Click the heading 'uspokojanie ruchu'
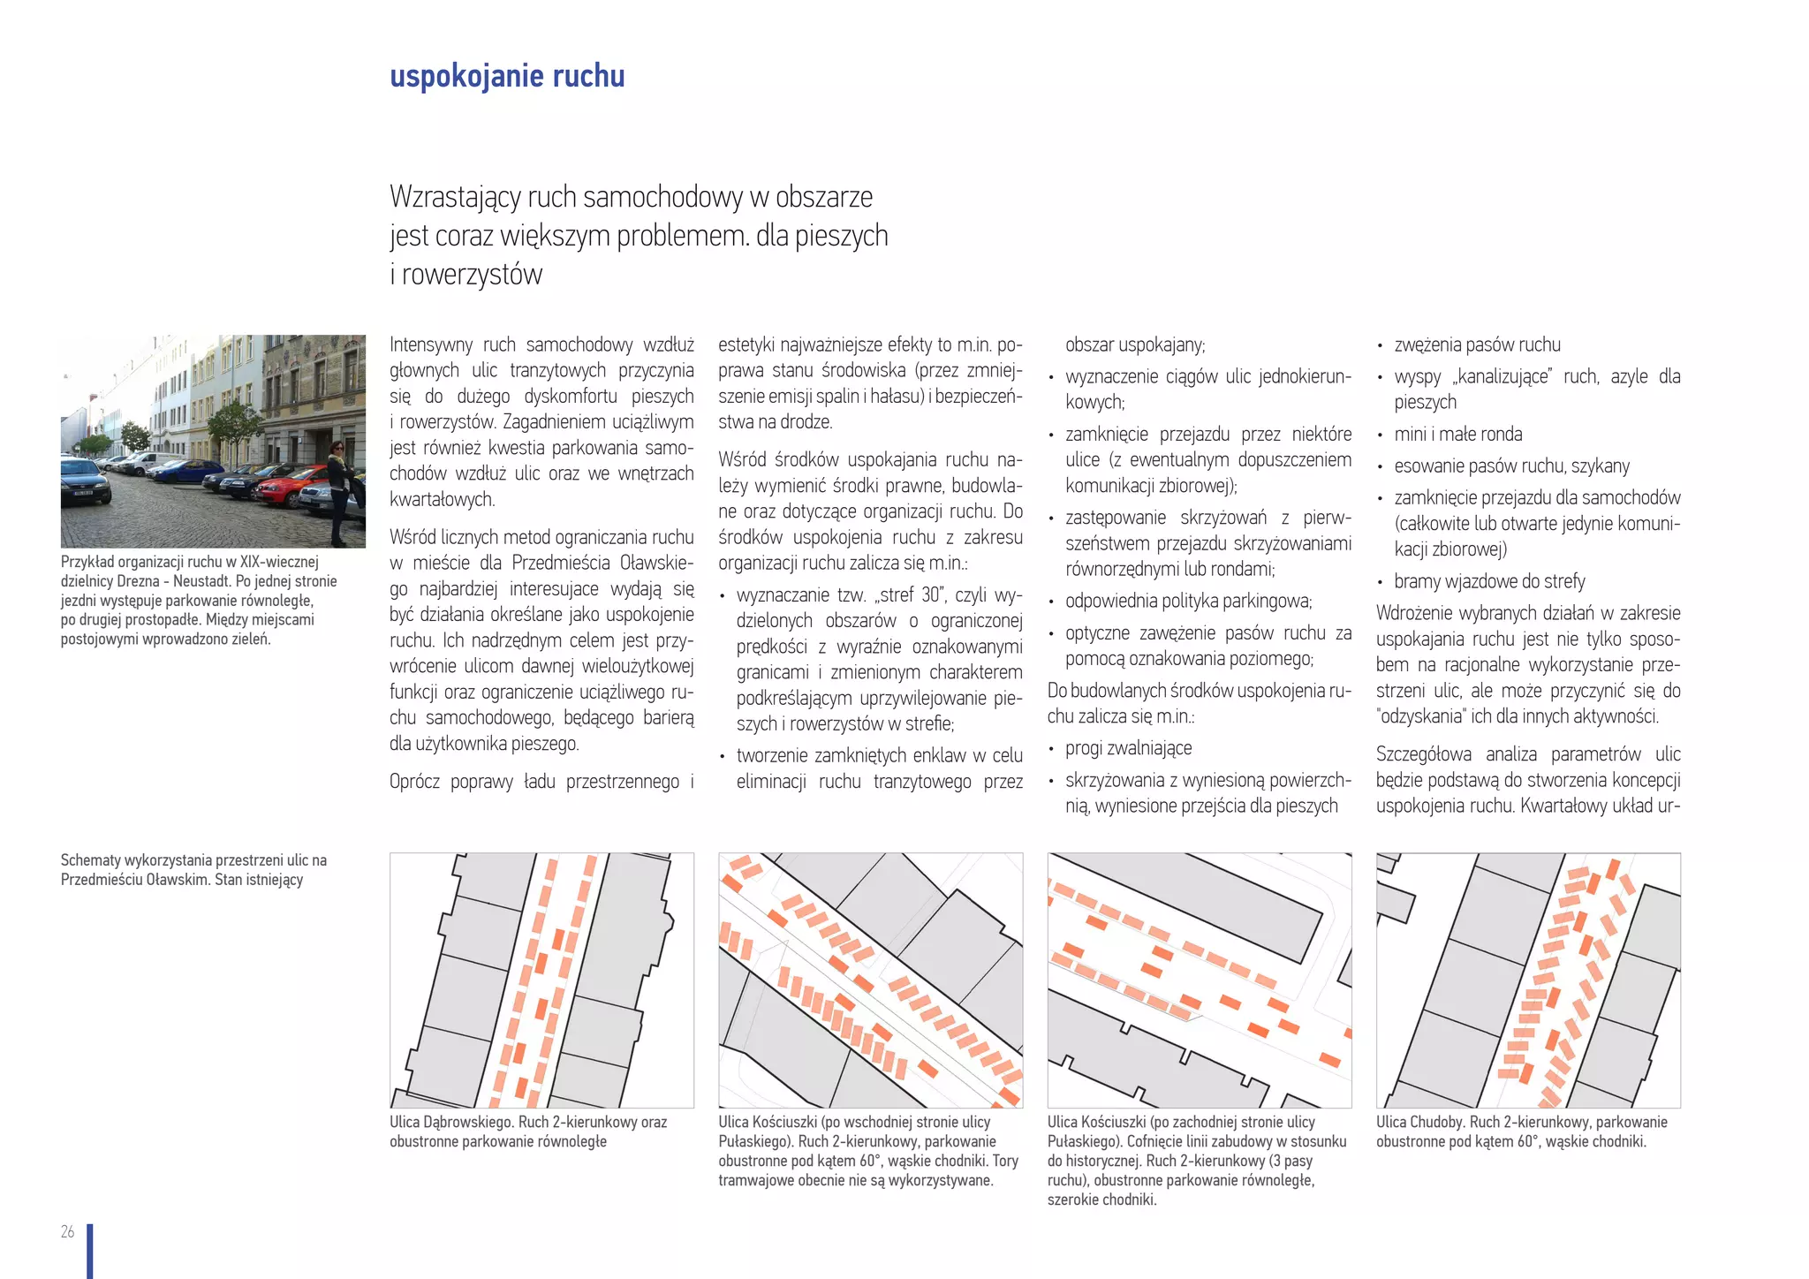click(x=507, y=77)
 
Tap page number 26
click(x=67, y=1231)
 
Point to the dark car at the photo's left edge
click(x=85, y=484)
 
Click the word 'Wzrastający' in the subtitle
click(x=454, y=197)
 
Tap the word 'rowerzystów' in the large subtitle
click(x=472, y=275)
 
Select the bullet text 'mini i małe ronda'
click(x=1457, y=435)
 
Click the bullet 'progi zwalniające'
click(x=1128, y=749)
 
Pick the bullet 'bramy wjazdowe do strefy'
click(x=1489, y=581)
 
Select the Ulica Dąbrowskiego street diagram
click(x=541, y=980)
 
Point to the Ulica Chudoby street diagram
click(x=1528, y=980)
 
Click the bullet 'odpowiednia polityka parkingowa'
click(x=1188, y=602)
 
